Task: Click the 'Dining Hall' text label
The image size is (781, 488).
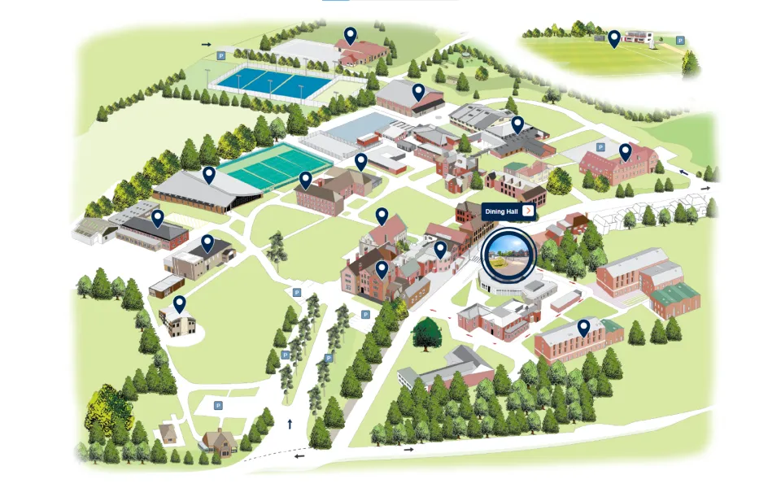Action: [501, 211]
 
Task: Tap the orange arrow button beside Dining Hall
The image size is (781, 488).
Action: [528, 211]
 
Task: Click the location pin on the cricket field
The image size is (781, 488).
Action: [614, 37]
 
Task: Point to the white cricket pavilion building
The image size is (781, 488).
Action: [640, 37]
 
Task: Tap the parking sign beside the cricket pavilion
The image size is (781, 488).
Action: [680, 40]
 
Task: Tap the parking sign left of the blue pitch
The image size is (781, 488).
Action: [220, 56]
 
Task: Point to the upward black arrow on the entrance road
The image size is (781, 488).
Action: [290, 423]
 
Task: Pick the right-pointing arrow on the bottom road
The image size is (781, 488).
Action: [409, 448]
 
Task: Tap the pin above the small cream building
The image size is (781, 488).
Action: [179, 303]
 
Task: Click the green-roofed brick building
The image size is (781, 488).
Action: [675, 299]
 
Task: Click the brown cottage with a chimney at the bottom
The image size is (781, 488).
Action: [219, 441]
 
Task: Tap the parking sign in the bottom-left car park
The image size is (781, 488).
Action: [218, 405]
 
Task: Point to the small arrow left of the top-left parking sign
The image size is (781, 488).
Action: [206, 45]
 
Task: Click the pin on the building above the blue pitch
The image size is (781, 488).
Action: [350, 35]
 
